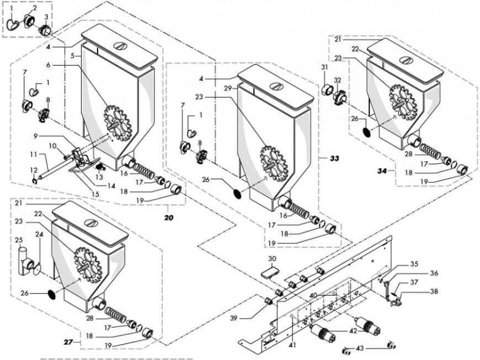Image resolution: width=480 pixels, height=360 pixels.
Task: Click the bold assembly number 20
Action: point(169,218)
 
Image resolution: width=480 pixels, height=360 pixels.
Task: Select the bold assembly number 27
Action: point(68,342)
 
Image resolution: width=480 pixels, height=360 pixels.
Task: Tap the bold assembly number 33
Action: point(334,158)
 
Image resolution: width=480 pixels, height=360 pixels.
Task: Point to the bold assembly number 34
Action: point(382,171)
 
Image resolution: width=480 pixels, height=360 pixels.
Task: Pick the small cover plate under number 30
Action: point(270,272)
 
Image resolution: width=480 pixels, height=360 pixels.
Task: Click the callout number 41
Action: point(292,345)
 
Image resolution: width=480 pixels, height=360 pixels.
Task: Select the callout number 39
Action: point(234,319)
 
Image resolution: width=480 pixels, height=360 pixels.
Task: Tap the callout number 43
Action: point(360,348)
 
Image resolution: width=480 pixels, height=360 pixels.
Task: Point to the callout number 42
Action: point(353,331)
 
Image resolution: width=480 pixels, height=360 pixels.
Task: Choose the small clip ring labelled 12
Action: point(34,182)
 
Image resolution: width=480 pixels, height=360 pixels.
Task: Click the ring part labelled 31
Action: point(328,90)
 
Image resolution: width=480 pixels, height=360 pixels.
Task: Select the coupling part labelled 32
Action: point(339,98)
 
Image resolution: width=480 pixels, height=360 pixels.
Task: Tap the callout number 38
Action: point(434,292)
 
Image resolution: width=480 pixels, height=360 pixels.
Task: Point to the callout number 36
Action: point(434,273)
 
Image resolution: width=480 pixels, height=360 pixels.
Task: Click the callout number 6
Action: point(48,65)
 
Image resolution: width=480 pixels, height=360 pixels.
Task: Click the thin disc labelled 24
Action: point(38,270)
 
